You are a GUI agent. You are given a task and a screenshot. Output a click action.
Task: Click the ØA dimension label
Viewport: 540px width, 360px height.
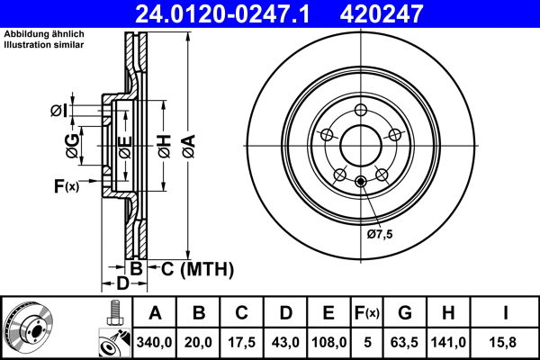(187, 141)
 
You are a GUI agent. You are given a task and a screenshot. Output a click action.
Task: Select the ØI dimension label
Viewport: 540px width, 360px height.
(57, 111)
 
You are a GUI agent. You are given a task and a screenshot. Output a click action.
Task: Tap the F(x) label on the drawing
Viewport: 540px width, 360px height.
(66, 186)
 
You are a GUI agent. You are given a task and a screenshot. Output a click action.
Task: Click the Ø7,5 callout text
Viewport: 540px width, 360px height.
(381, 234)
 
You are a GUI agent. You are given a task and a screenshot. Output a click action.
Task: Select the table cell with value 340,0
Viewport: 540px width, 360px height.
(155, 341)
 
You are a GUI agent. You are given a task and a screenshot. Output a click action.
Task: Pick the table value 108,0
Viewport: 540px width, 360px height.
(329, 341)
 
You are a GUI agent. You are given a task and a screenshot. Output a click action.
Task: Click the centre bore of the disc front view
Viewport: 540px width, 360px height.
(360, 147)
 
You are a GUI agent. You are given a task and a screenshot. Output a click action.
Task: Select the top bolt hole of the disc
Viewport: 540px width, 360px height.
(360, 111)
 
